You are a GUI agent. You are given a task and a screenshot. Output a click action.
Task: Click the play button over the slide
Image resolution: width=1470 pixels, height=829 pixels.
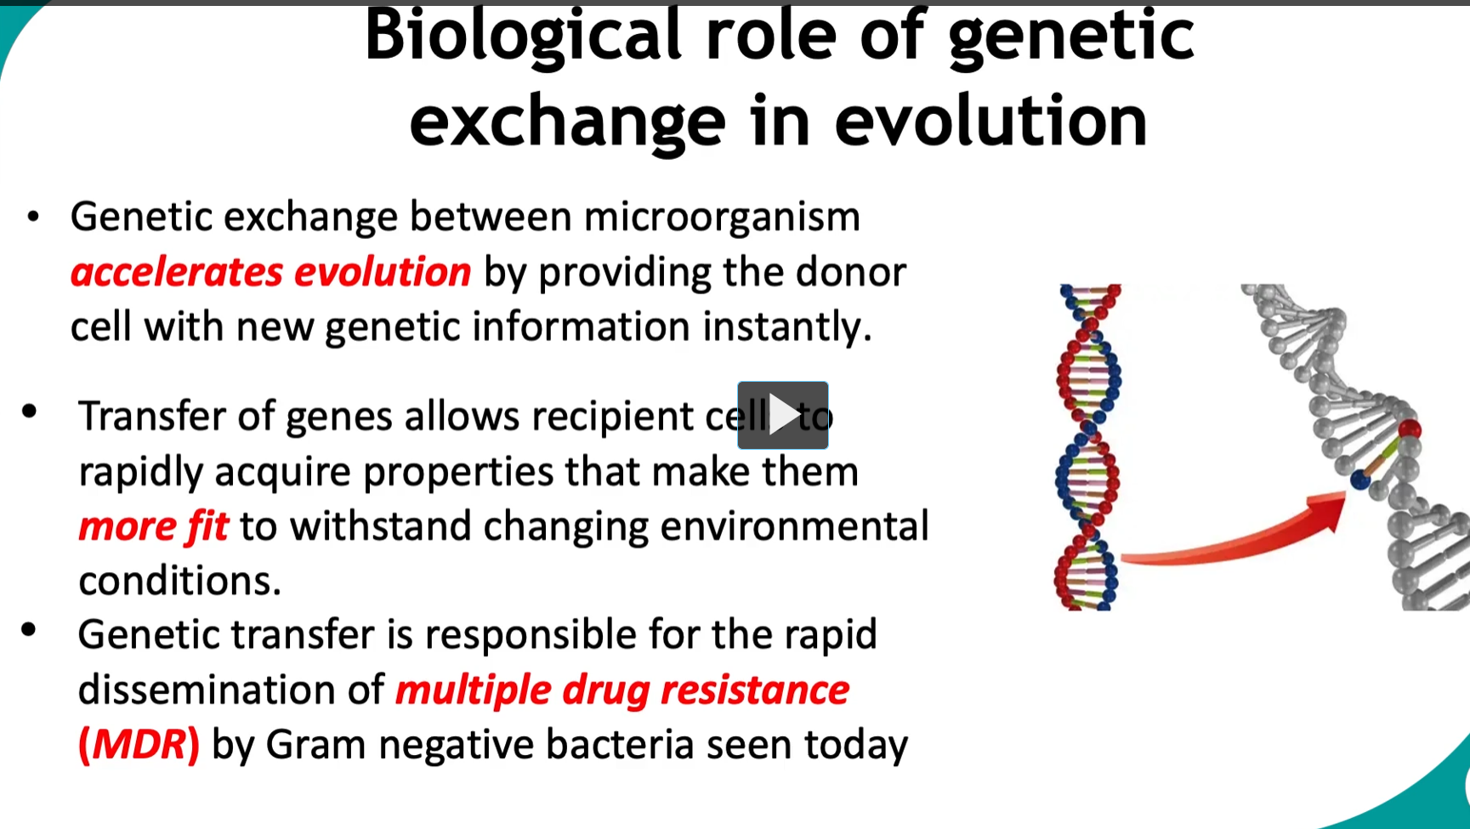tap(782, 415)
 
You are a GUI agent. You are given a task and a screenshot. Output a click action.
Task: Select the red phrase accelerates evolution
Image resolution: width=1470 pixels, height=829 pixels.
tap(270, 272)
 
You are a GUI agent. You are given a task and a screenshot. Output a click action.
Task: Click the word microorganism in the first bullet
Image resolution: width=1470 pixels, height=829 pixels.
tap(721, 217)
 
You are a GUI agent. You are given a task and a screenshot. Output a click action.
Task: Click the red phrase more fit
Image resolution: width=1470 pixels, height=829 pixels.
tap(153, 526)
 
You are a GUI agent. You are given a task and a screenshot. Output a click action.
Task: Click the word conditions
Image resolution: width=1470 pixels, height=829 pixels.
tap(179, 582)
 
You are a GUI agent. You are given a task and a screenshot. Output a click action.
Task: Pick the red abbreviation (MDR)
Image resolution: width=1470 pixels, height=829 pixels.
tap(139, 745)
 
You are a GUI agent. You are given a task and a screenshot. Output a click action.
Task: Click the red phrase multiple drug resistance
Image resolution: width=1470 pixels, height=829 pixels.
tap(622, 690)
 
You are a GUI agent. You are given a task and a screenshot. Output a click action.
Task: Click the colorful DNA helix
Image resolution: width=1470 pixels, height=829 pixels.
tap(1088, 446)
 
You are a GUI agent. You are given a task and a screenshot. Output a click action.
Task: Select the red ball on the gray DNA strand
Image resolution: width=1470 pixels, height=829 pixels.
tap(1409, 428)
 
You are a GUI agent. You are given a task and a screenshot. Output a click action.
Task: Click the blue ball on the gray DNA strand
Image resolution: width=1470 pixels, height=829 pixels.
tap(1360, 480)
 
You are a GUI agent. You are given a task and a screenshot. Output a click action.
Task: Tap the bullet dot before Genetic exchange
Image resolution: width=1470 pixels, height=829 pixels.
tap(33, 217)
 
